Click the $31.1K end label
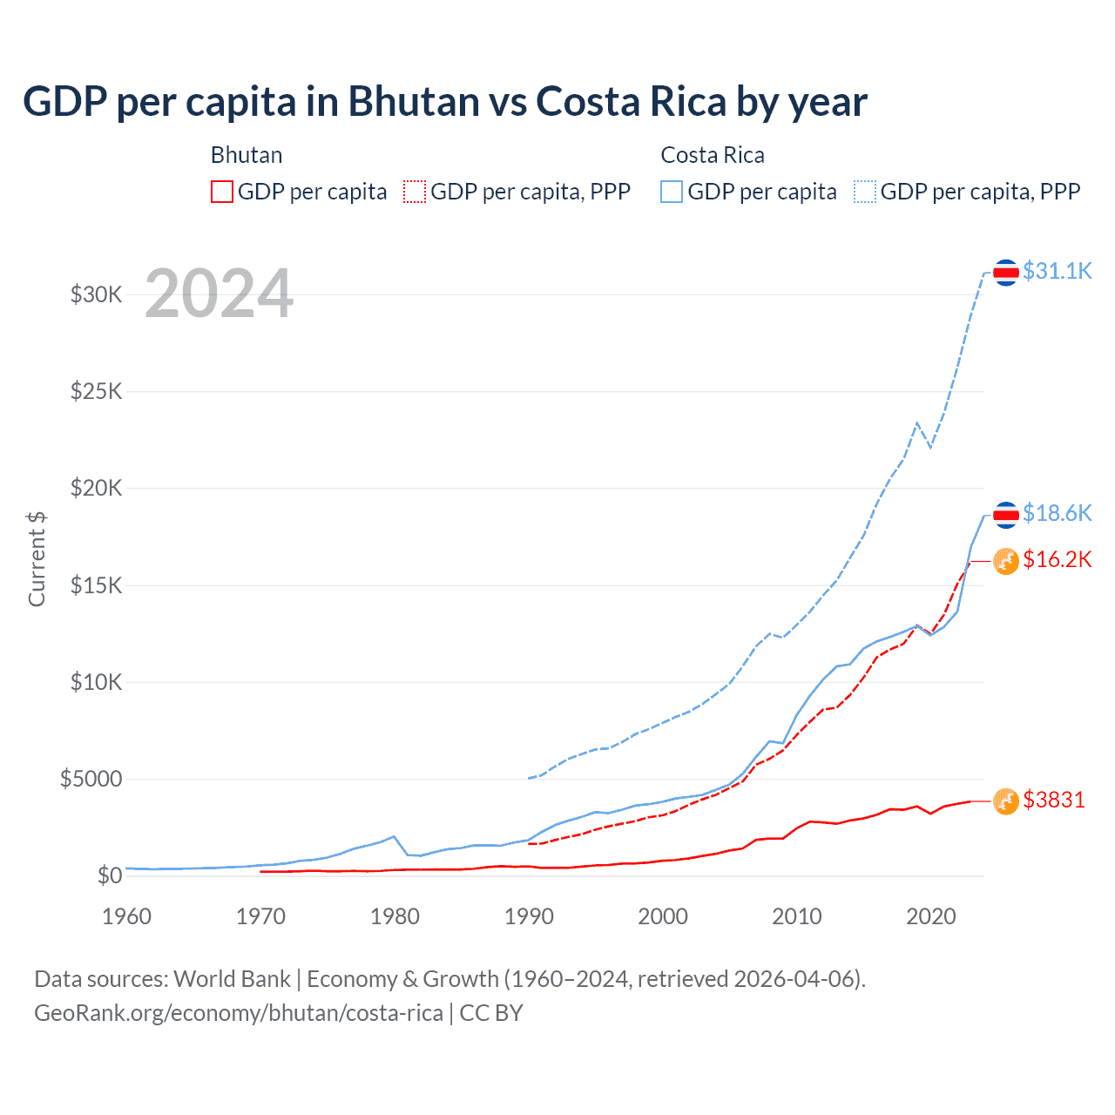click(1057, 271)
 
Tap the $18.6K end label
click(1057, 513)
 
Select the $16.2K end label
click(1057, 559)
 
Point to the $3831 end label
click(1054, 800)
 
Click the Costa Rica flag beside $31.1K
click(1006, 273)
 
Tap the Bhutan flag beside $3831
click(1006, 801)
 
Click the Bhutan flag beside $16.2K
click(1006, 561)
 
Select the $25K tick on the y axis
click(97, 391)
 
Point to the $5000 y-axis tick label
click(91, 779)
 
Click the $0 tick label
click(110, 875)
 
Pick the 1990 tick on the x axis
click(529, 916)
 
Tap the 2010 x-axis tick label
click(797, 916)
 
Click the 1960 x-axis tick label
click(127, 916)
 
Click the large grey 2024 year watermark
click(219, 294)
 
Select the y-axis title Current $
click(37, 559)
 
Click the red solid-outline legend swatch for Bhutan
click(222, 192)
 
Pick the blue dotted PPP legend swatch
click(865, 192)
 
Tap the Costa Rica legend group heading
click(713, 155)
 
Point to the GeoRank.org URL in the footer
click(239, 1013)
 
